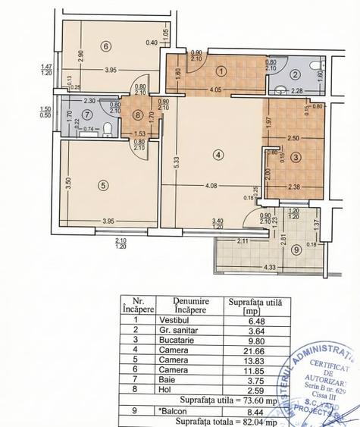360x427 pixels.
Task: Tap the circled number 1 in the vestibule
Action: (221, 71)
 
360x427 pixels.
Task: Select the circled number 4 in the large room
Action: (218, 155)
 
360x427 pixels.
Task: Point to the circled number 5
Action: (102, 184)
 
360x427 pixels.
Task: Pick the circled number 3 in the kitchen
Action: (296, 157)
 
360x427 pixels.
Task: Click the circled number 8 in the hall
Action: (138, 116)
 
